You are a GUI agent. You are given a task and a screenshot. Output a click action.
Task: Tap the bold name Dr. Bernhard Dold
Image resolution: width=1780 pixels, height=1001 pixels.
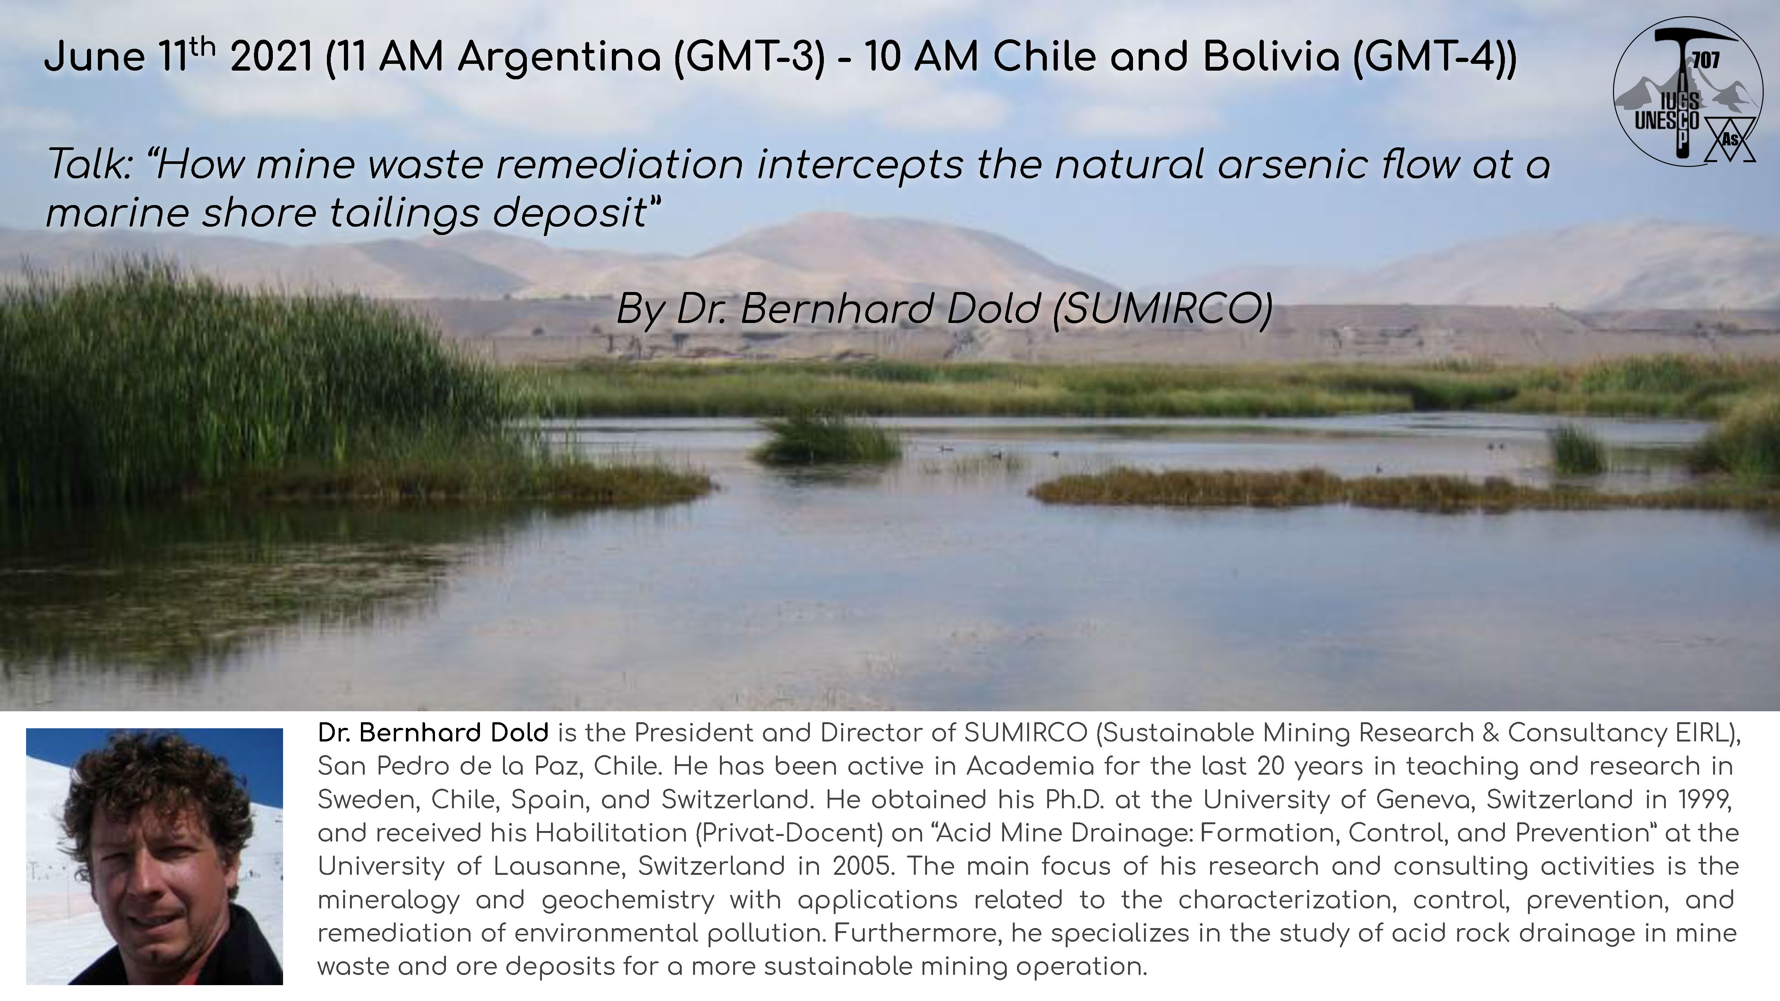click(433, 733)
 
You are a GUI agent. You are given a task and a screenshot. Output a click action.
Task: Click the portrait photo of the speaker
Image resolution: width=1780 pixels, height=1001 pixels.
click(154, 856)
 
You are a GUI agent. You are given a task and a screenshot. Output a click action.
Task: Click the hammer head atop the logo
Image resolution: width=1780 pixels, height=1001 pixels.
click(1686, 39)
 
